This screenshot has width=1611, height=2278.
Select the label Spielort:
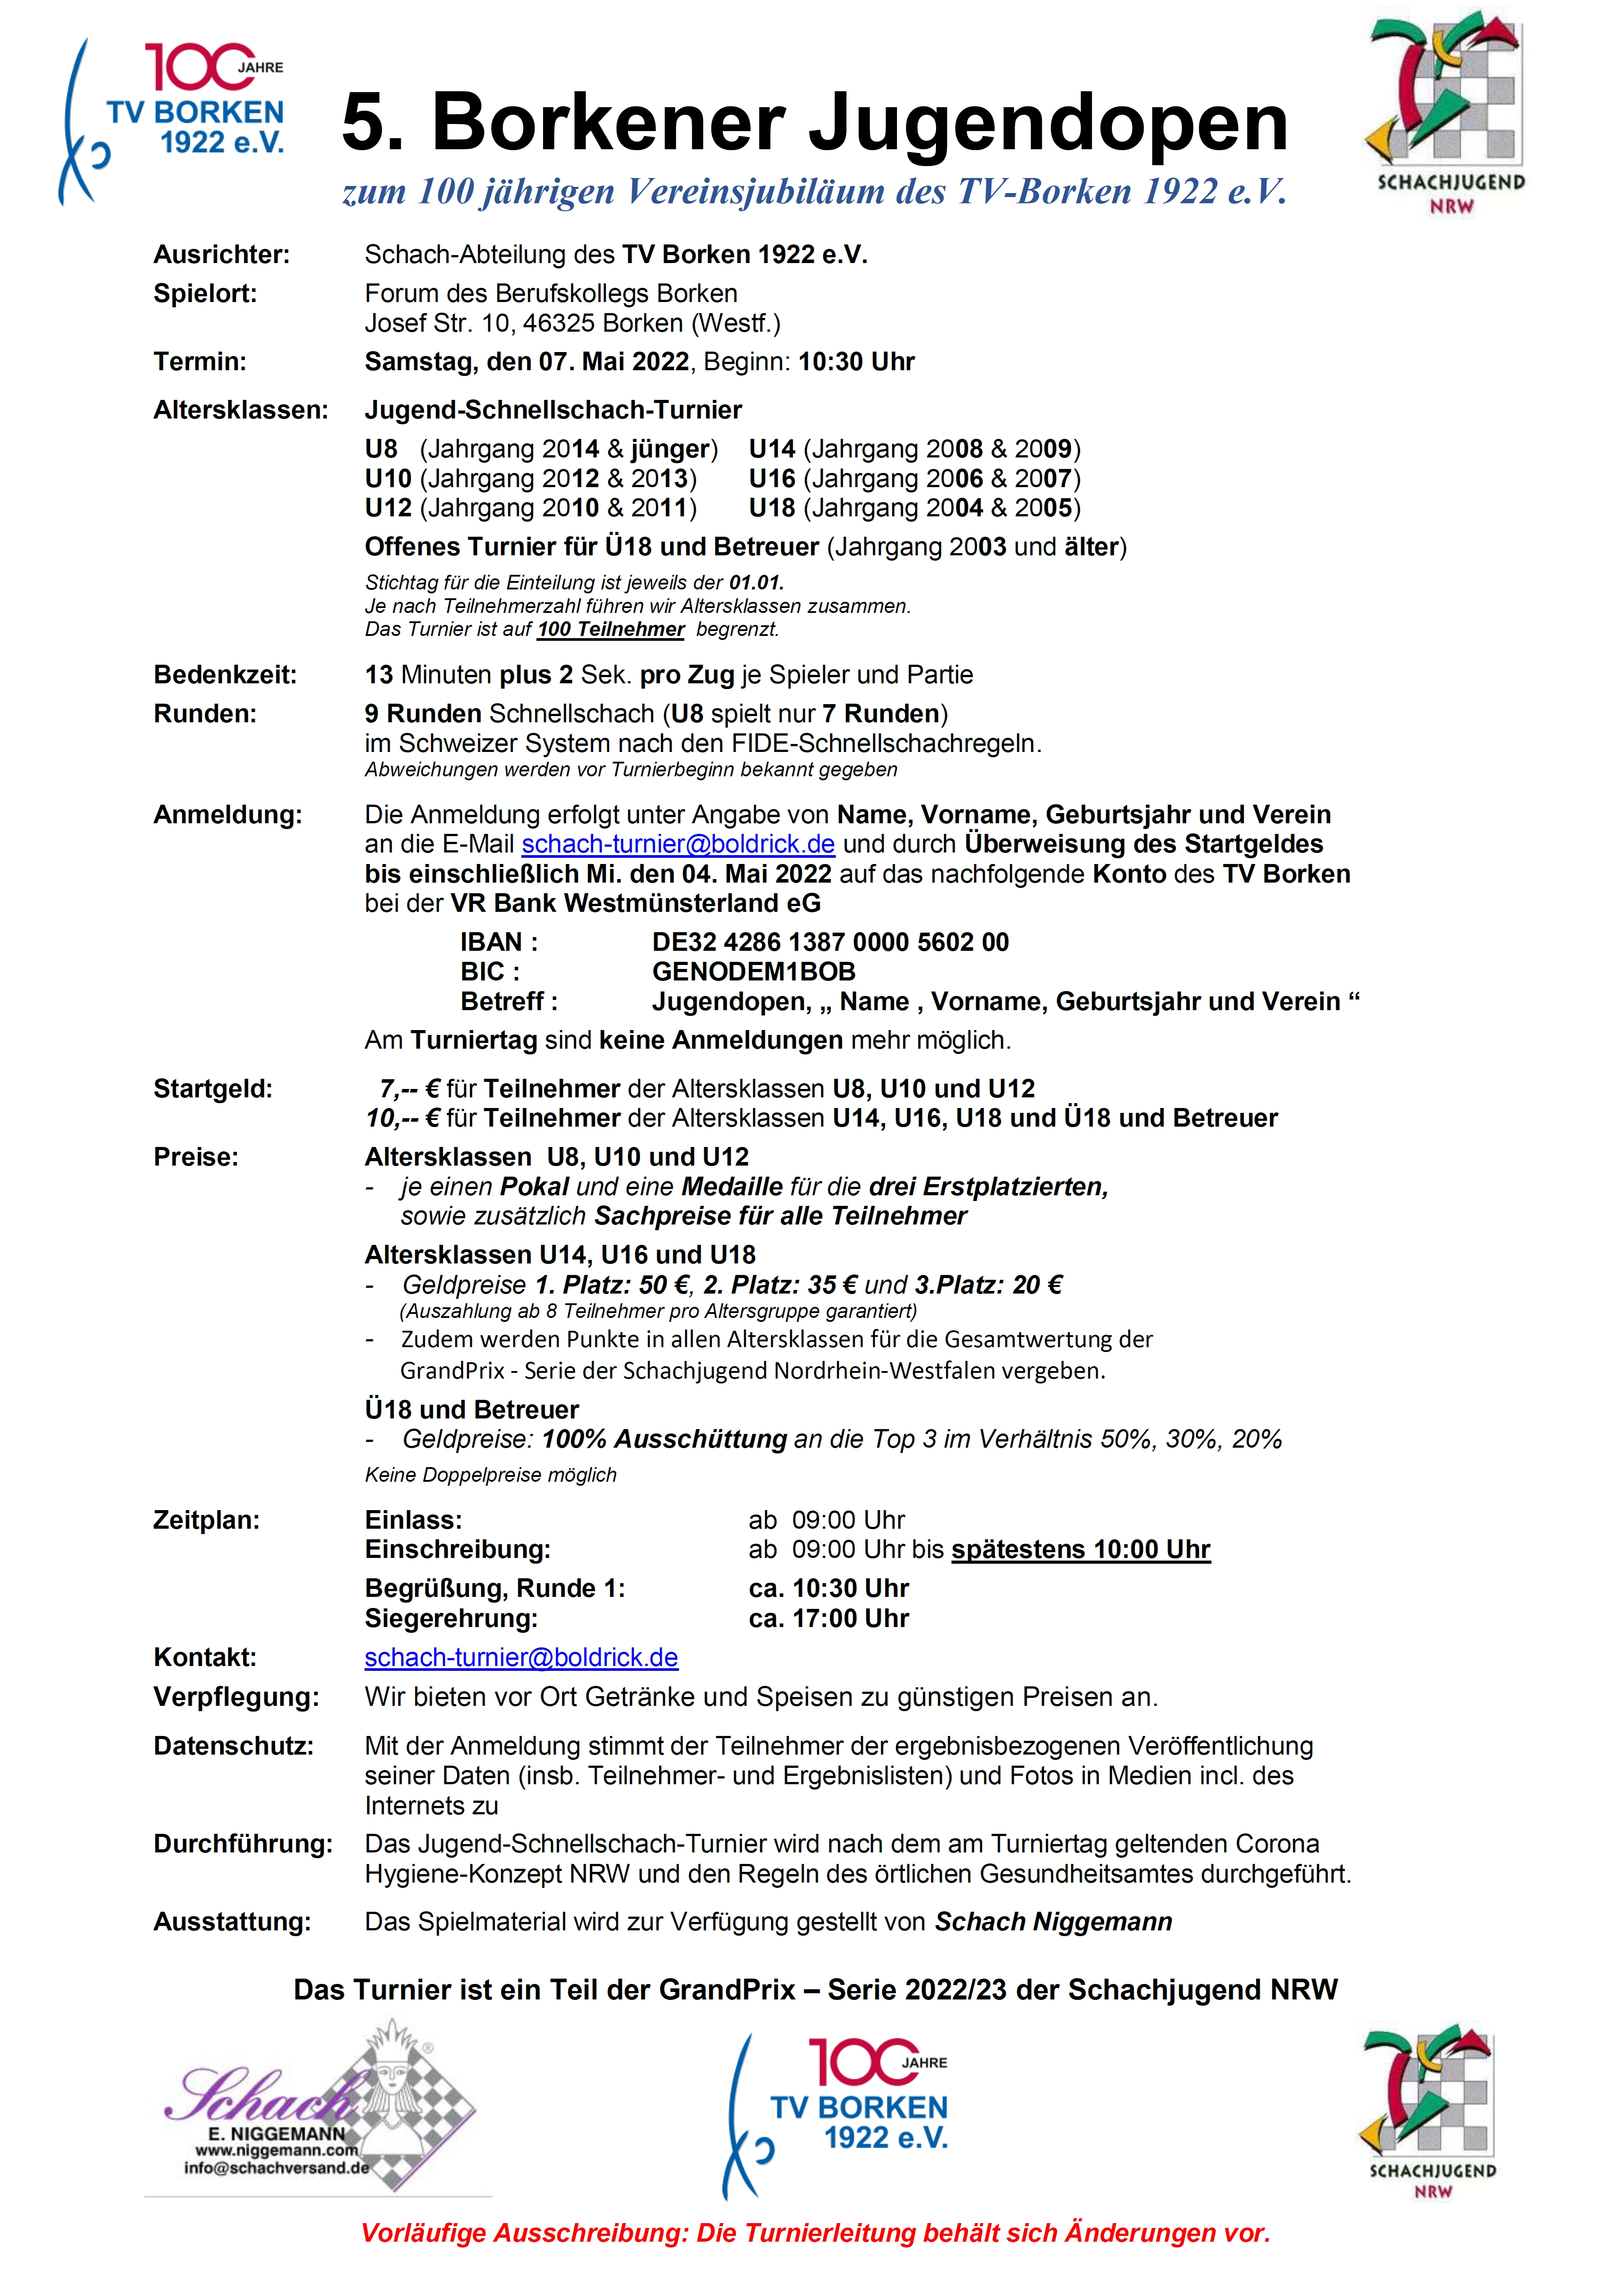click(205, 294)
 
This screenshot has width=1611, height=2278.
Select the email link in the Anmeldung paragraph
click(678, 845)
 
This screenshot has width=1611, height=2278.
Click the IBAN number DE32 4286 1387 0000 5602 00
click(830, 942)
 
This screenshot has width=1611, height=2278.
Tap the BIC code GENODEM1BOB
click(753, 972)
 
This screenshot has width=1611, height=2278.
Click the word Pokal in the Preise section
click(534, 1187)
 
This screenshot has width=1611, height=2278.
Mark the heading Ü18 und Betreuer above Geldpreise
click(471, 1410)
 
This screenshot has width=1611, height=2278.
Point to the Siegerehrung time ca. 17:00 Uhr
click(829, 1619)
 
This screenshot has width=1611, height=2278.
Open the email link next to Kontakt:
click(521, 1658)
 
